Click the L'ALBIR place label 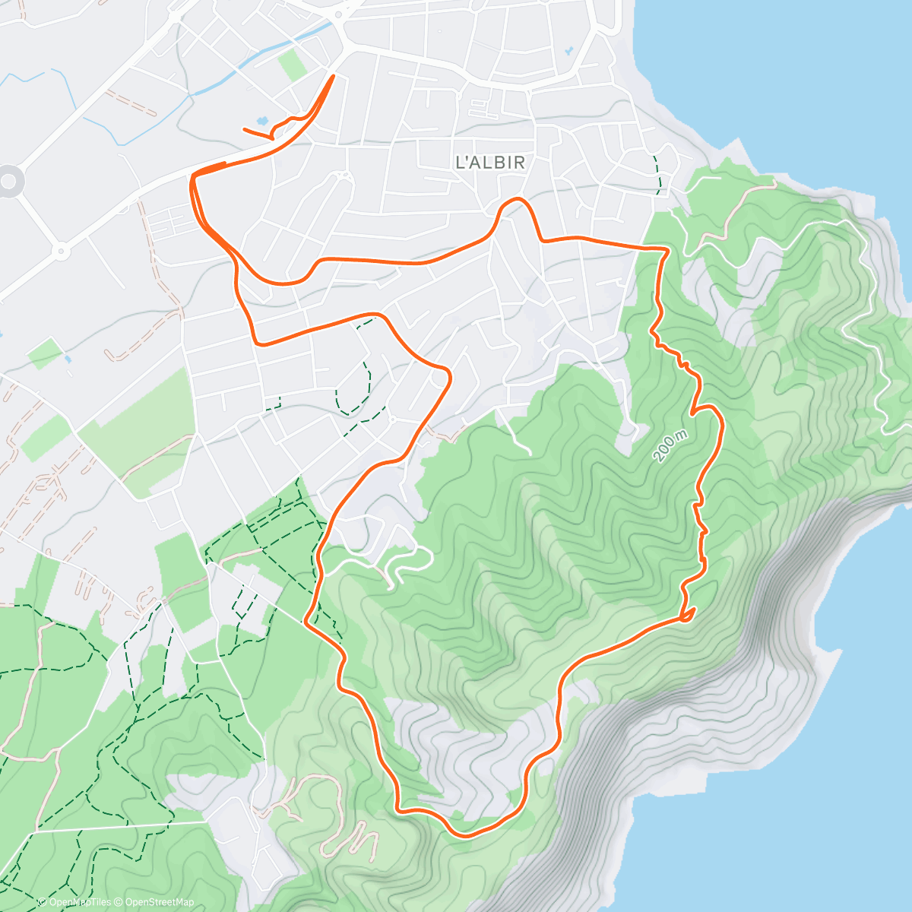click(489, 162)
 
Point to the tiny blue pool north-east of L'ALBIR click(569, 52)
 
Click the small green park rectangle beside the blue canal click(293, 65)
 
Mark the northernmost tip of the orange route click(333, 74)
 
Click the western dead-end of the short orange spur click(244, 130)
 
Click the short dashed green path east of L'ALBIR click(658, 173)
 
